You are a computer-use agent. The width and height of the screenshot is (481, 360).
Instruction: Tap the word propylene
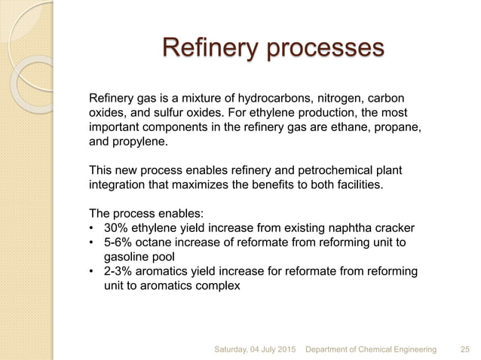139,142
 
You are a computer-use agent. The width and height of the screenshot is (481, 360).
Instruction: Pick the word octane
156,243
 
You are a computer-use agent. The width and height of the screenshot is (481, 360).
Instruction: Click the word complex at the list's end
218,285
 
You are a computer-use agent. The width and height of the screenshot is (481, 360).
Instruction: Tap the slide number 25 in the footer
465,349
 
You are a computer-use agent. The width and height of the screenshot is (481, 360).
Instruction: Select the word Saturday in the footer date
236,349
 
